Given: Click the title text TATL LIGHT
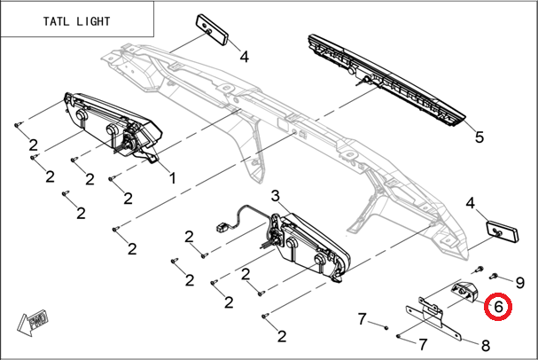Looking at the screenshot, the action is coord(76,21).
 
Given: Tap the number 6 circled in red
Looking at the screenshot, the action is coord(498,307).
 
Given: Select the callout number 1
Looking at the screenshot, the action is coord(173,178).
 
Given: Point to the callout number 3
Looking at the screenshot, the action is coord(275,196).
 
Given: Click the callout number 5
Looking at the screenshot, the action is coord(480,137).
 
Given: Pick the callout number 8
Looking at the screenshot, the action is coord(486,345).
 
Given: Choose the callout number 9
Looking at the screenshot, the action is coord(520,283).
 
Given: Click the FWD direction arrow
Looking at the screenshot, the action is coord(33,323).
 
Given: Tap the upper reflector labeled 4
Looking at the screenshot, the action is coord(212,29).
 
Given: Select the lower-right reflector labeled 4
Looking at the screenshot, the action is coord(503,231).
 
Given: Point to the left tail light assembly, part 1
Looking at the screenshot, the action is coord(113,126).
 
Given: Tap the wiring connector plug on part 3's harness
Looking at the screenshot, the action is coord(222,227).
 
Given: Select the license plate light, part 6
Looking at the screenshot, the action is coord(464,290).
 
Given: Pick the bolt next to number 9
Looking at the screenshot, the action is coord(495,275).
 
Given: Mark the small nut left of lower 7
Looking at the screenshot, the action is coord(398,336).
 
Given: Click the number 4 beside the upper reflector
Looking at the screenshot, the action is coord(244,57).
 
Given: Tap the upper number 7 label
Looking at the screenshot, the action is coord(363,319).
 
